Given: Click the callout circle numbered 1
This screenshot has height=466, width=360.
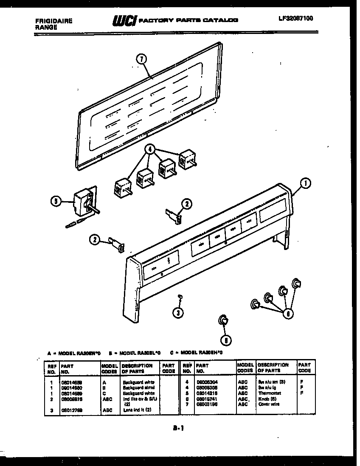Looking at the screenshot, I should [305, 183].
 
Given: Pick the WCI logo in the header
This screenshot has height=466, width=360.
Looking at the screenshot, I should [124, 20].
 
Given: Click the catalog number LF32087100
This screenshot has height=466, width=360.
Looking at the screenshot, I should [295, 18].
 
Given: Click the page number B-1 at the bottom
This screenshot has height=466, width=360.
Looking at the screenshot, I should [178, 429].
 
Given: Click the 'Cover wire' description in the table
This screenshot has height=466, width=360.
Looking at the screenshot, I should [268, 404].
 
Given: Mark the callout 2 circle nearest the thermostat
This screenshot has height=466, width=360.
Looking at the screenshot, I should [95, 240].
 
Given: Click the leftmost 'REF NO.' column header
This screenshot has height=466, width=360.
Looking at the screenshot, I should [52, 368].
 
